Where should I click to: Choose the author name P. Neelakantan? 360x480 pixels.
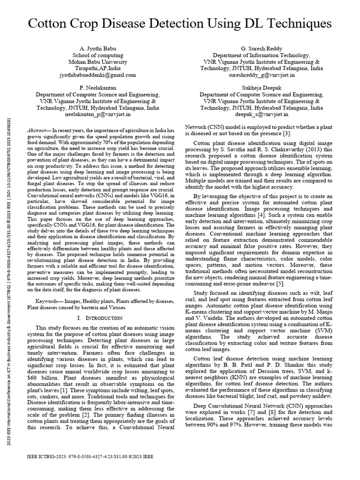(x=97, y=88)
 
